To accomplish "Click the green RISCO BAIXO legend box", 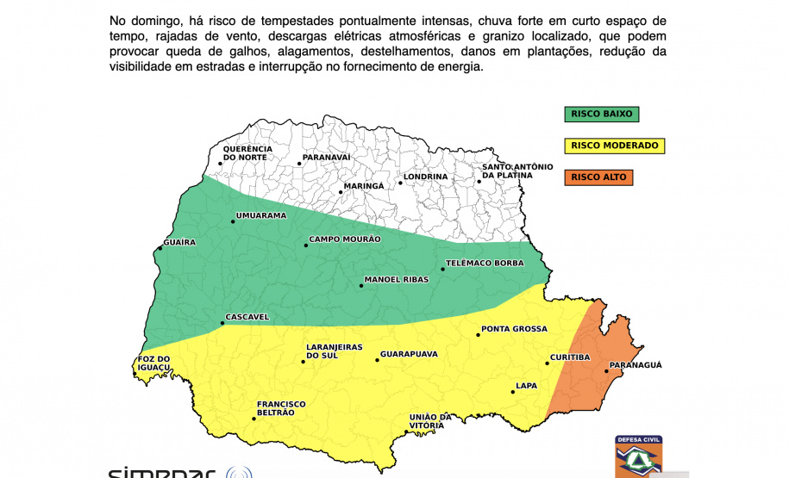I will pyautogui.click(x=602, y=114).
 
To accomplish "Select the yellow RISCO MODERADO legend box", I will pyautogui.click(x=614, y=146).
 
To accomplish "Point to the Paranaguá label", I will pyautogui.click(x=636, y=365).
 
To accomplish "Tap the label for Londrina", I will pyautogui.click(x=426, y=177).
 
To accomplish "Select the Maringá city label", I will pyautogui.click(x=363, y=186).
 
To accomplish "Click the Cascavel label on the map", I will pyautogui.click(x=247, y=317).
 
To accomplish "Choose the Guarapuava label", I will pyautogui.click(x=409, y=354).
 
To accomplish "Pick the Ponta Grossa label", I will pyautogui.click(x=514, y=329).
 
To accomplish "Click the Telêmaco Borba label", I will pyautogui.click(x=484, y=263).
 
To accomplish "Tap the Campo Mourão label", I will pyautogui.click(x=344, y=239).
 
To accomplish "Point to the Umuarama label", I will pyautogui.click(x=260, y=215).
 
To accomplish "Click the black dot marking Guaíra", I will pyautogui.click(x=160, y=250).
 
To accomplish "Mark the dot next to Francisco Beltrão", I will pyautogui.click(x=254, y=419).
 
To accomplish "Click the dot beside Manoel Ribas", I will pyautogui.click(x=360, y=285).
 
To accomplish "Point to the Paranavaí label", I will pyautogui.click(x=326, y=158).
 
